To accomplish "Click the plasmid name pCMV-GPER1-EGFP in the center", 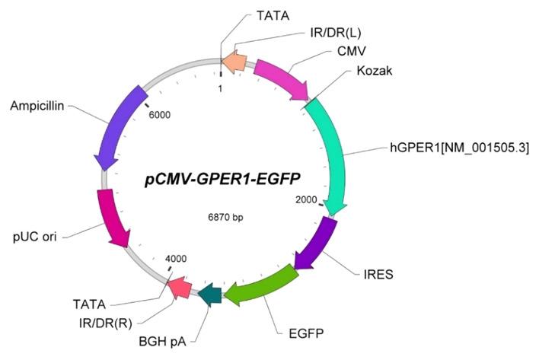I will point(222,179).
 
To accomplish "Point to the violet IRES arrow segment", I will point(314,244).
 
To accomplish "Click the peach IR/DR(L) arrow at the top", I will point(236,63).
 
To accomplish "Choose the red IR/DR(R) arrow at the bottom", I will point(180,286).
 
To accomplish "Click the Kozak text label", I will point(374,71).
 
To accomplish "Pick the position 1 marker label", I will point(220,88).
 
